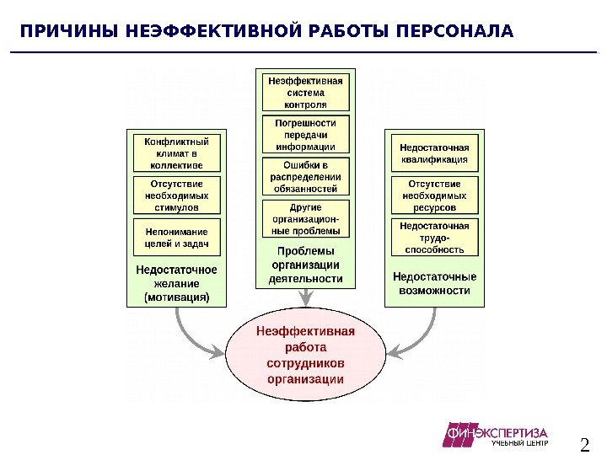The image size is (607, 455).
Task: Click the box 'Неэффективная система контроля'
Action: (305, 93)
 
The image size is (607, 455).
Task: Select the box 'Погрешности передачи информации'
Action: (305, 134)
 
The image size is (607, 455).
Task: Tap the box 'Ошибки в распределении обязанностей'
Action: (305, 177)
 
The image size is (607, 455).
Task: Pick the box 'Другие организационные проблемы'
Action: (305, 218)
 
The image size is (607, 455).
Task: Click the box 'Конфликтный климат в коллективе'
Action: (176, 153)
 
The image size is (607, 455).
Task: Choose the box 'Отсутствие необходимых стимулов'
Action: (176, 195)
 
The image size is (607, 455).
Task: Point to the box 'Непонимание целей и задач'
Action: (176, 237)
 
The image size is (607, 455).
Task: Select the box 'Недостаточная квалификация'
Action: (433, 153)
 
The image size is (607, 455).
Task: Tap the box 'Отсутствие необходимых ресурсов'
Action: (433, 195)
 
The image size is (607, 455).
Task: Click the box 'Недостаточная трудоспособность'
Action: (433, 237)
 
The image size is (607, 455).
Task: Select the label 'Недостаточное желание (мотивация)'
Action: (176, 284)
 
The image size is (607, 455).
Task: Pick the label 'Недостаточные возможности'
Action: (433, 283)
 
